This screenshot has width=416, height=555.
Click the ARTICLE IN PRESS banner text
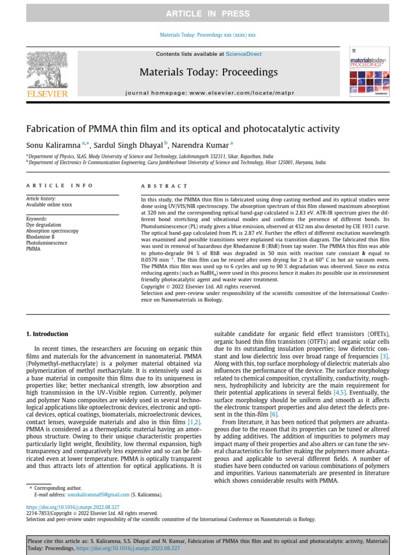pyautogui.click(x=207, y=14)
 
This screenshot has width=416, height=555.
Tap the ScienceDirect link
pyautogui.click(x=243, y=54)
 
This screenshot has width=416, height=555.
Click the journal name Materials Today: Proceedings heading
pyautogui.click(x=209, y=72)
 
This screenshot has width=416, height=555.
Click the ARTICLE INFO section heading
pyautogui.click(x=60, y=185)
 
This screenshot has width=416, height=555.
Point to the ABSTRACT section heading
pyautogui.click(x=164, y=185)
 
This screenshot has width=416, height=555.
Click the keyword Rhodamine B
pyautogui.click(x=40, y=237)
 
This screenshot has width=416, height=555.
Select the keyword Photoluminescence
pyautogui.click(x=47, y=243)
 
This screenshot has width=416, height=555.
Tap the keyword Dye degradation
pyautogui.click(x=43, y=224)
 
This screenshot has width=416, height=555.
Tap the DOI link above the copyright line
pyautogui.click(x=73, y=507)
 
